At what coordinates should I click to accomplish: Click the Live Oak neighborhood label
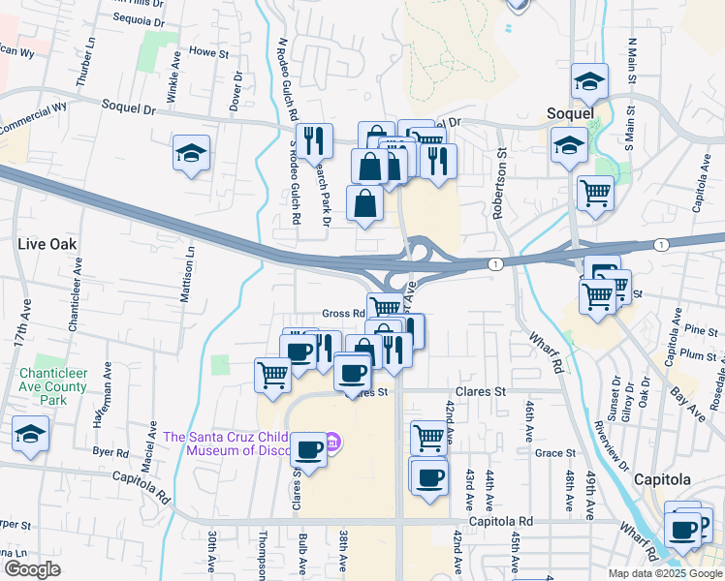pyautogui.click(x=47, y=244)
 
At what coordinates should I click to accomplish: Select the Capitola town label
pyautogui.click(x=662, y=479)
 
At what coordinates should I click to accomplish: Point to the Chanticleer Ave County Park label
pyautogui.click(x=51, y=387)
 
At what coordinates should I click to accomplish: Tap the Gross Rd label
pyautogui.click(x=342, y=314)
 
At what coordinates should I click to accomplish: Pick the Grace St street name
pyautogui.click(x=555, y=452)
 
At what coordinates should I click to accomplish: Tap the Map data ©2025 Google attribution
pyautogui.click(x=665, y=573)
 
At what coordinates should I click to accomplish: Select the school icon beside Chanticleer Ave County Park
pyautogui.click(x=31, y=434)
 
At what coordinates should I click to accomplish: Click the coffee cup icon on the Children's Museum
pyautogui.click(x=309, y=449)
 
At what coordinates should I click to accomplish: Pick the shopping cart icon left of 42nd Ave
pyautogui.click(x=428, y=437)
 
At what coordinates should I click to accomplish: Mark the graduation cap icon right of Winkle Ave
pyautogui.click(x=191, y=152)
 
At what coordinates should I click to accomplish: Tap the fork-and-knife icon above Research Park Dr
pyautogui.click(x=314, y=140)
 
